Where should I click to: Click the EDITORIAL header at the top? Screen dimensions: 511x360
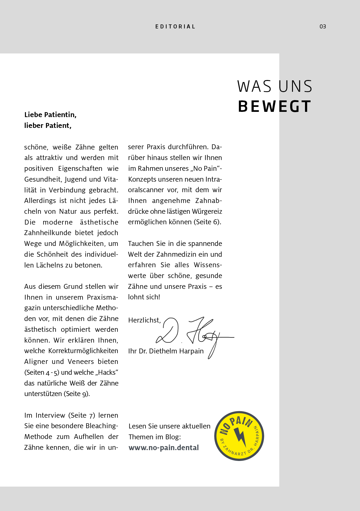(175, 27)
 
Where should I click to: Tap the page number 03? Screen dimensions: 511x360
(323, 27)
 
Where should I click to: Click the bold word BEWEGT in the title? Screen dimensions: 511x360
(274, 107)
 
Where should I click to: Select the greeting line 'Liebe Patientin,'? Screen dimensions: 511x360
(50, 115)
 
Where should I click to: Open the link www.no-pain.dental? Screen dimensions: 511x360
(164, 448)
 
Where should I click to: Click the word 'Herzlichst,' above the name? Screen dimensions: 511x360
(144, 320)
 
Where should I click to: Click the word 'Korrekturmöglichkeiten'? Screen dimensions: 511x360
(83, 351)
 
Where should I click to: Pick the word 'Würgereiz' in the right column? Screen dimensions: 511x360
(207, 211)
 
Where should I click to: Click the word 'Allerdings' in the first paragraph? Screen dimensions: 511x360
(40, 201)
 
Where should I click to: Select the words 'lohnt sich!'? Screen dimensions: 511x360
(144, 297)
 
